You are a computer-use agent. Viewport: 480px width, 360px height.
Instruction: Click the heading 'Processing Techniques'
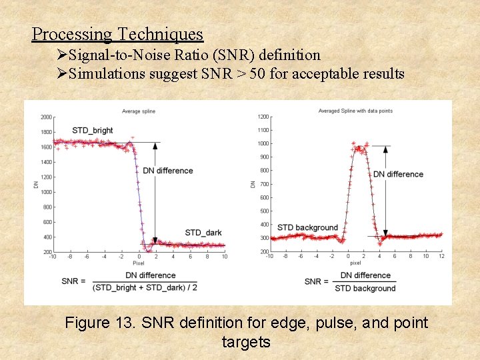tap(117, 34)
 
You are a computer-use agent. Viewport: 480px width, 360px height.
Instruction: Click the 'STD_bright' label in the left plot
tap(93, 130)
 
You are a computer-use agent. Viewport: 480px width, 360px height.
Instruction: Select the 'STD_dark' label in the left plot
tap(203, 232)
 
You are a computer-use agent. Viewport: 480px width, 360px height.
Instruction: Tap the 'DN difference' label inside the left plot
tap(168, 171)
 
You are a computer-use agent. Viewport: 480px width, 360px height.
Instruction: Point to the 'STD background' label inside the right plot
tap(307, 227)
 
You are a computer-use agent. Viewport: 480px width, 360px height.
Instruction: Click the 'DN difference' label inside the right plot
tap(398, 174)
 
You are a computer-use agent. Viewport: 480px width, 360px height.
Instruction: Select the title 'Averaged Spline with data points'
tap(355, 111)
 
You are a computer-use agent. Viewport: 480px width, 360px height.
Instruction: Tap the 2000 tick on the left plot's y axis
tap(46, 117)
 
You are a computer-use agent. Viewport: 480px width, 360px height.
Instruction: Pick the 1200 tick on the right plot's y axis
tap(263, 117)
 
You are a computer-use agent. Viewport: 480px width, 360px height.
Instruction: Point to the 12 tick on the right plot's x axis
tap(441, 257)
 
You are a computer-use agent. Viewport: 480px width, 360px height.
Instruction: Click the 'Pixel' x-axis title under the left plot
tap(139, 263)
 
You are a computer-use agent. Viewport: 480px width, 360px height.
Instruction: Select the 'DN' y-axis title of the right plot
tap(253, 183)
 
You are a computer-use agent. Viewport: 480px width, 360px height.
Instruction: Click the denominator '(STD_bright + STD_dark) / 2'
tap(145, 287)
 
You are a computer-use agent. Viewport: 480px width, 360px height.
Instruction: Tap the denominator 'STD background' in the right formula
tap(365, 288)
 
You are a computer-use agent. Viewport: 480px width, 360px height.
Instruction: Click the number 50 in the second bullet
tap(257, 73)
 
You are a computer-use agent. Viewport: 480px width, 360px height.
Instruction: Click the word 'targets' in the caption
tap(246, 342)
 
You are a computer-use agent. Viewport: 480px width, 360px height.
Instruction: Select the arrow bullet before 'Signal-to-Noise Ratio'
tap(62, 55)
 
